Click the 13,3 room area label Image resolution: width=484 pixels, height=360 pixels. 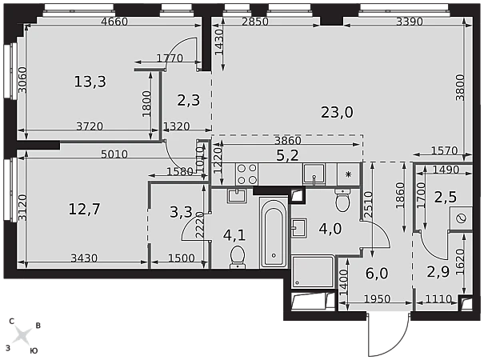pos(90,82)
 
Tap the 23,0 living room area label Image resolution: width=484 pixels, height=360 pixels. pos(337,112)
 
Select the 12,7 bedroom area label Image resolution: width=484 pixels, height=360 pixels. pos(84,209)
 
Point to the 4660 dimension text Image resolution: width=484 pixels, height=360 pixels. pos(114,22)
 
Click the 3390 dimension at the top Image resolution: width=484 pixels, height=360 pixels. pos(410,22)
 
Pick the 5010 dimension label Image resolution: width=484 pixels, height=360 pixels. pos(114,154)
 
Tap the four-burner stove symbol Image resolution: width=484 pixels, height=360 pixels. pos(247,174)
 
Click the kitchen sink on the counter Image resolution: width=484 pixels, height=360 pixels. pos(314,174)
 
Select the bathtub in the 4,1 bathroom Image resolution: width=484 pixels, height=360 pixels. pos(274,233)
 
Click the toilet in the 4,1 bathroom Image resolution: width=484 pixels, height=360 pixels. pos(238,257)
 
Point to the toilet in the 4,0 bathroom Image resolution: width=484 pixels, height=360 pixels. pos(342,200)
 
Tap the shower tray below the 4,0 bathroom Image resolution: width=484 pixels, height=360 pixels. pos(313,271)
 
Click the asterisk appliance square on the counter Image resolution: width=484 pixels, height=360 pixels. pos(349,174)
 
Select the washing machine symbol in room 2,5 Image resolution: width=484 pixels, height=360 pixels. pos(461,218)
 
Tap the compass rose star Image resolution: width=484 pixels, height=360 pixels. pos(23,336)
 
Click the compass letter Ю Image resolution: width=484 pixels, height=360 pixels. pos(34,350)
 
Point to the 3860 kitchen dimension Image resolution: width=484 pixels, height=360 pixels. pos(288,141)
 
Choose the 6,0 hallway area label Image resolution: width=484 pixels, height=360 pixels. pos(377,274)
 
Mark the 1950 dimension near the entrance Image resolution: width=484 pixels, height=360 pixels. pos(377,299)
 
